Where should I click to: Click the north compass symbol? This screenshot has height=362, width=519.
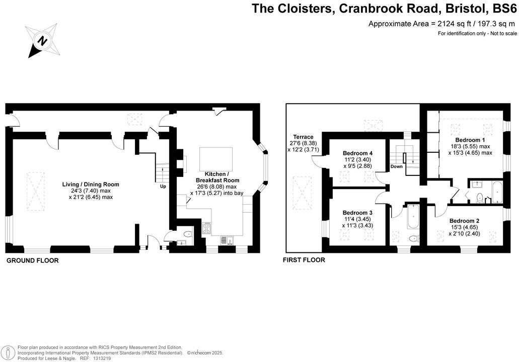pyautogui.click(x=43, y=40)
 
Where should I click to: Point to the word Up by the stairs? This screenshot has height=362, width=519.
pyautogui.click(x=163, y=186)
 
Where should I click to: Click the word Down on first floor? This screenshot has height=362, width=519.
pyautogui.click(x=396, y=166)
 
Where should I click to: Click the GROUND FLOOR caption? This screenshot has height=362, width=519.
pyautogui.click(x=32, y=260)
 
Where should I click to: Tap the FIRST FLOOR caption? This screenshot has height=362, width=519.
pyautogui.click(x=304, y=260)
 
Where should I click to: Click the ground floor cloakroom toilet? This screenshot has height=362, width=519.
pyautogui.click(x=187, y=233)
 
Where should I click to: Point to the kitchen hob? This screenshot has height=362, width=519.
pyautogui.click(x=206, y=228)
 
